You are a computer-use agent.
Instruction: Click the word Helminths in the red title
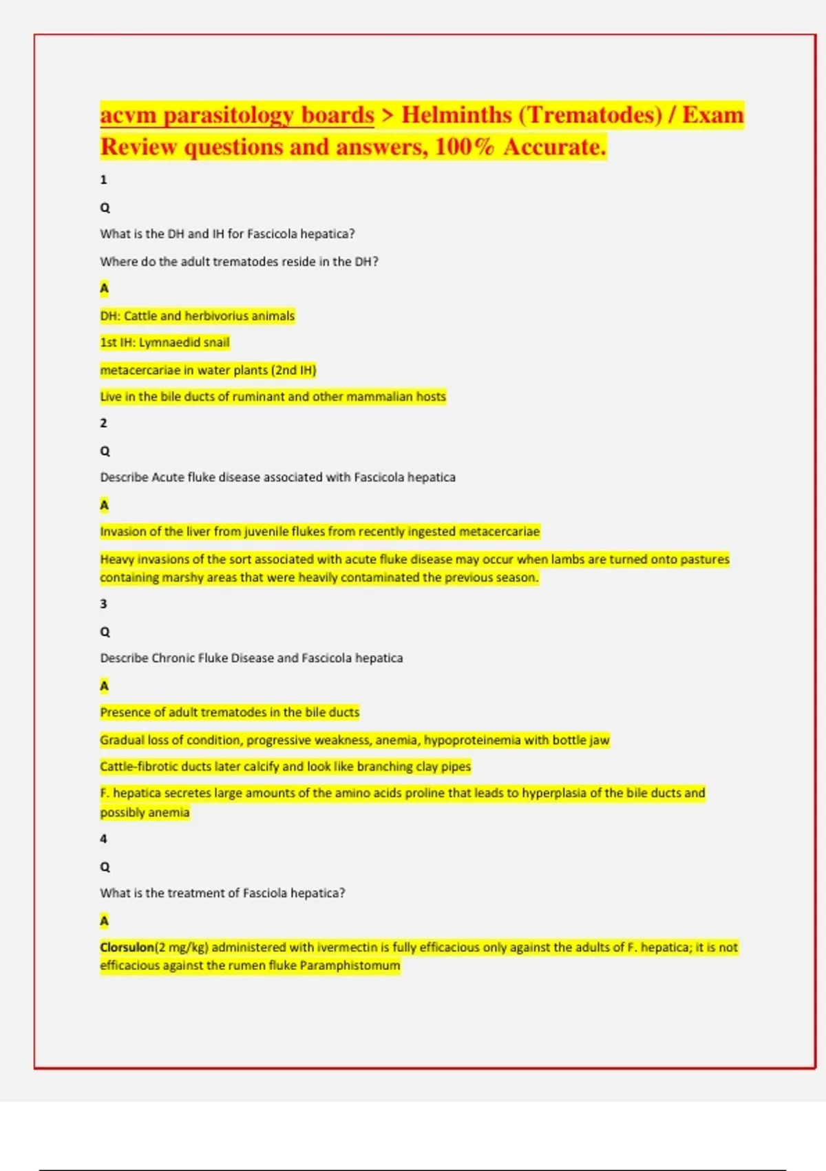456,114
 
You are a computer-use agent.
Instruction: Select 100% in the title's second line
465,147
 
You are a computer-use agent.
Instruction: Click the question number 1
103,180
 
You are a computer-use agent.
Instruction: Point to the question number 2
103,423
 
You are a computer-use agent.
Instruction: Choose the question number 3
103,603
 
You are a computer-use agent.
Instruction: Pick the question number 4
103,839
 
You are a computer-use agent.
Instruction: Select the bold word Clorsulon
127,947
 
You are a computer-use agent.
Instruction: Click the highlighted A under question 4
104,921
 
